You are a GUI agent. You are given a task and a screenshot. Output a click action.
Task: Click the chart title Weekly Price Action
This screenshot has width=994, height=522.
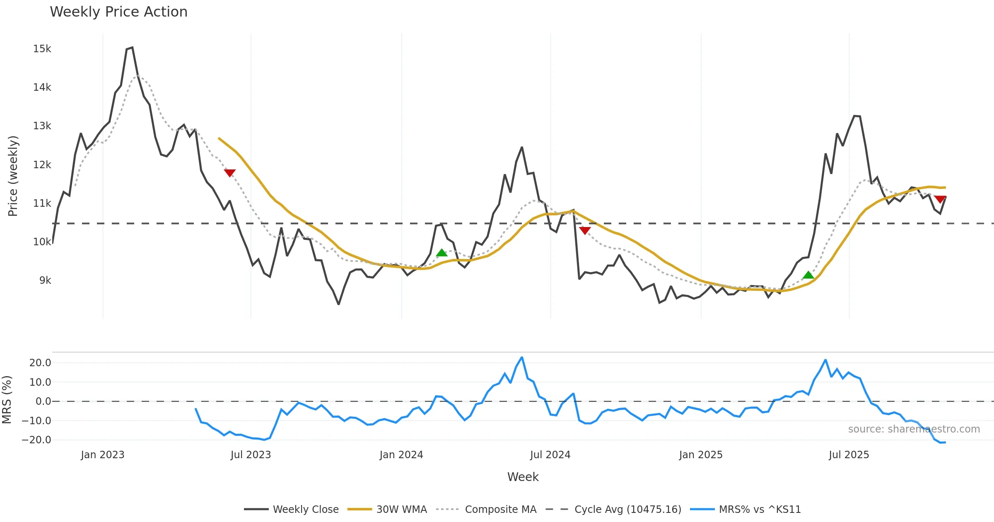tap(118, 12)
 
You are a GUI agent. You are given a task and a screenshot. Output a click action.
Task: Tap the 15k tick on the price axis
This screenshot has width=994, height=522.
tap(42, 49)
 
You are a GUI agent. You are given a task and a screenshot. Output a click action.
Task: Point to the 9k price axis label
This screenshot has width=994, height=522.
tap(45, 280)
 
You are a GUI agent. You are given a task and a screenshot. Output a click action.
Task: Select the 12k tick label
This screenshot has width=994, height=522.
tap(42, 165)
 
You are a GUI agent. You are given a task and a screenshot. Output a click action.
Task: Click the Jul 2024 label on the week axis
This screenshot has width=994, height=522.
tap(550, 455)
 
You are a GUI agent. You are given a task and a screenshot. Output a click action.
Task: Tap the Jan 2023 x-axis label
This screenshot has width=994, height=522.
tap(102, 455)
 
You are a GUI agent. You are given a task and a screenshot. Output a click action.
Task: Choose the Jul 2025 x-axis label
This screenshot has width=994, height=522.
tap(849, 455)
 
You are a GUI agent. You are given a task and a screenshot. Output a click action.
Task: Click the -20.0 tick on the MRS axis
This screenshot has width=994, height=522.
tap(36, 440)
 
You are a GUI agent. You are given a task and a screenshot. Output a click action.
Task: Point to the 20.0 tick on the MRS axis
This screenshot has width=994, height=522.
tap(40, 363)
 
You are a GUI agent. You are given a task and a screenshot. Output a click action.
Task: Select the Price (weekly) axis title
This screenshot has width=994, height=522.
tap(13, 176)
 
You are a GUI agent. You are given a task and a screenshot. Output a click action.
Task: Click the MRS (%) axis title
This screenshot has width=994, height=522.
tap(7, 400)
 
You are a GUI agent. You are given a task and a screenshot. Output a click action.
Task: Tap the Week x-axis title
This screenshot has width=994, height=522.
tap(523, 477)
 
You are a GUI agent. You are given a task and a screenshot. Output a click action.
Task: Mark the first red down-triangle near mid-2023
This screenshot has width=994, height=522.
tap(229, 173)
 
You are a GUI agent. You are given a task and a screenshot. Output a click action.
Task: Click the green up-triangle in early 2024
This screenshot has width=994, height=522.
tap(442, 253)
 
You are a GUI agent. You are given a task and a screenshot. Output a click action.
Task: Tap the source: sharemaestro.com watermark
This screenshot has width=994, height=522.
tap(914, 429)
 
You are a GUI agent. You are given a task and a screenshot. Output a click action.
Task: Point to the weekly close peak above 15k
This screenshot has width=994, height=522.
tap(132, 48)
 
